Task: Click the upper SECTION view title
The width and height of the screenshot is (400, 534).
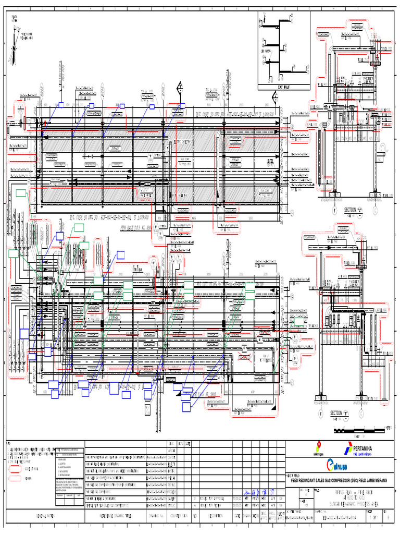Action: pos(350,210)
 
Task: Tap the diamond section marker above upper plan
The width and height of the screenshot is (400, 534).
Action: pos(180,89)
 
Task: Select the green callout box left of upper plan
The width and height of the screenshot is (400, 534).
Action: pos(21,193)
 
